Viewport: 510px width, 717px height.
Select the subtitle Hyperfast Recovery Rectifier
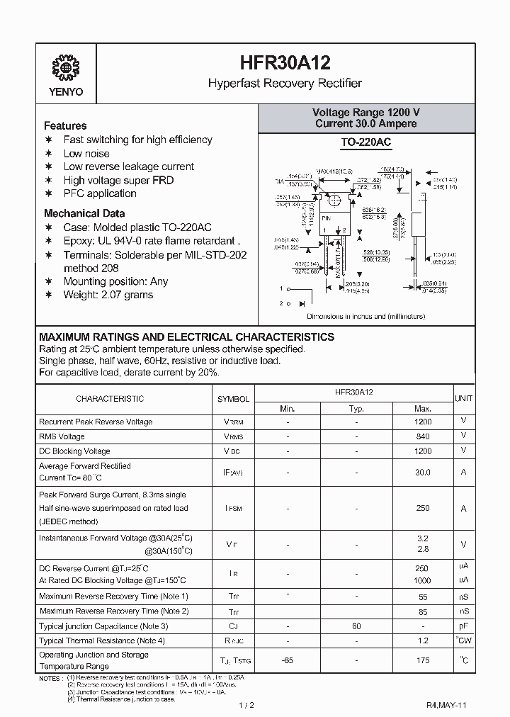[x=284, y=83]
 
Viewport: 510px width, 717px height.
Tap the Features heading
[x=65, y=125]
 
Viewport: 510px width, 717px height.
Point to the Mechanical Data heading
[x=84, y=213]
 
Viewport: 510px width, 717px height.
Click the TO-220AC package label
[x=365, y=142]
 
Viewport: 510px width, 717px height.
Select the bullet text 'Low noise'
[x=86, y=153]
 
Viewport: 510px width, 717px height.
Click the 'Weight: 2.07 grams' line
[x=108, y=295]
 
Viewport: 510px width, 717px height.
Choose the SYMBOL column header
[x=233, y=399]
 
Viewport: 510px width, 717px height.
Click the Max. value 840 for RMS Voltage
[x=423, y=436]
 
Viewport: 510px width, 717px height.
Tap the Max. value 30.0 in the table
[x=423, y=472]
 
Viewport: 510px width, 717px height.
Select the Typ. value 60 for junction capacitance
[x=356, y=626]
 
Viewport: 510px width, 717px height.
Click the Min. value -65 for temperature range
[x=287, y=660]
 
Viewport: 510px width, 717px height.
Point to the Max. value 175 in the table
[x=423, y=660]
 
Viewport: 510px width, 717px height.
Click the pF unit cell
[x=463, y=626]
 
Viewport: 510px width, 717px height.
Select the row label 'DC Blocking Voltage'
[x=74, y=451]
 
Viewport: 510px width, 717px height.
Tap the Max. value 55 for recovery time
[x=423, y=597]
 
